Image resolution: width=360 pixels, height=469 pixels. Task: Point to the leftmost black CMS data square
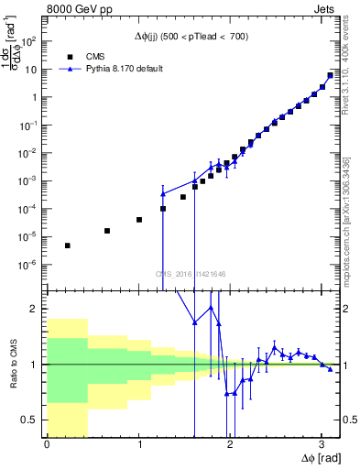click(x=67, y=245)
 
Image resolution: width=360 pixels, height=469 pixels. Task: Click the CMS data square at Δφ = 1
click(x=138, y=220)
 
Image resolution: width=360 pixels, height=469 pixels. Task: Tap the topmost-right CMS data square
click(x=330, y=76)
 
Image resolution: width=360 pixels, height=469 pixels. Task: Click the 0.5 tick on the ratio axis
click(x=35, y=420)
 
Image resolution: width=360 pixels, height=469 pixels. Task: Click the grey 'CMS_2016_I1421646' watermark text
click(x=191, y=272)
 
